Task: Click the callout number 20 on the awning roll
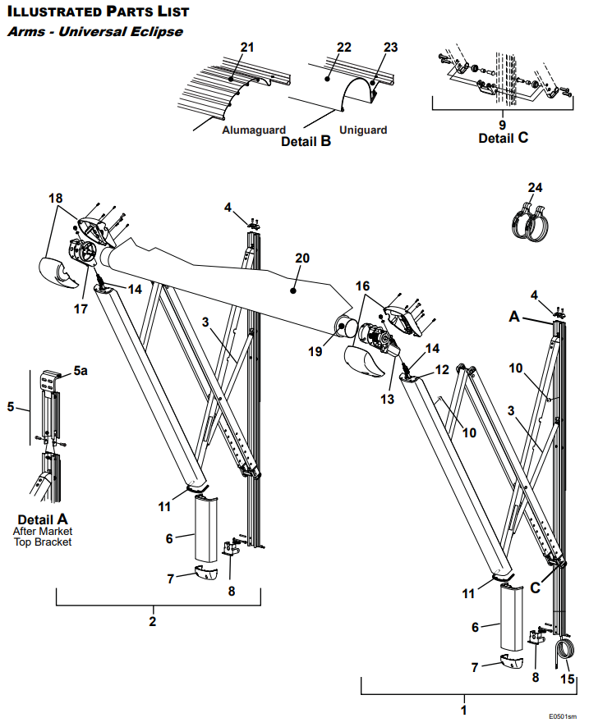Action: [302, 258]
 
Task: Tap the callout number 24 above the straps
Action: [535, 188]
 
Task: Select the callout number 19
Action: [315, 352]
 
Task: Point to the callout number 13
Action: [388, 400]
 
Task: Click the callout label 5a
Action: [81, 371]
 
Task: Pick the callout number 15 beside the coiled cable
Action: [568, 679]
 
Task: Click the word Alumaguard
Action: [254, 130]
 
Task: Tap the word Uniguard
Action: [363, 130]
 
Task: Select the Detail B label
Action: [306, 141]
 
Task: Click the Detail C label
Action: [503, 138]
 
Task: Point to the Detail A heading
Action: [43, 519]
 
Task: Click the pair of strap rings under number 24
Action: [531, 222]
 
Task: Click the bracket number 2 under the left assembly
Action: [153, 622]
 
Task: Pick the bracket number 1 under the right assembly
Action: [463, 710]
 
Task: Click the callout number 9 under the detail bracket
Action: [502, 125]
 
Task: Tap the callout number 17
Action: [81, 309]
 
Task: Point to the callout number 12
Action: [442, 370]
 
